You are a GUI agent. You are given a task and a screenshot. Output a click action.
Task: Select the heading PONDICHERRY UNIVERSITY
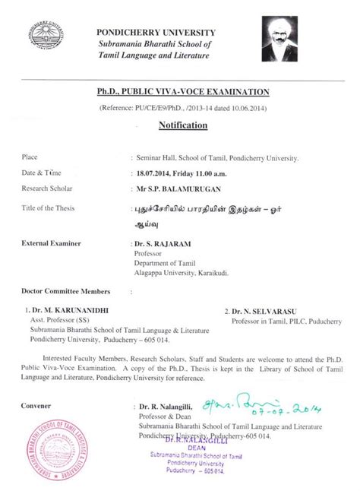(156, 32)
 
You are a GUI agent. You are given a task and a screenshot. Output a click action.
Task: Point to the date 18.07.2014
(156, 173)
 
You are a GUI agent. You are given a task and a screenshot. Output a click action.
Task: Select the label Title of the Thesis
(53, 207)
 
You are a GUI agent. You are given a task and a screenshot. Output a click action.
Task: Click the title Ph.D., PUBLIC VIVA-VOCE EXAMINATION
(183, 92)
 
